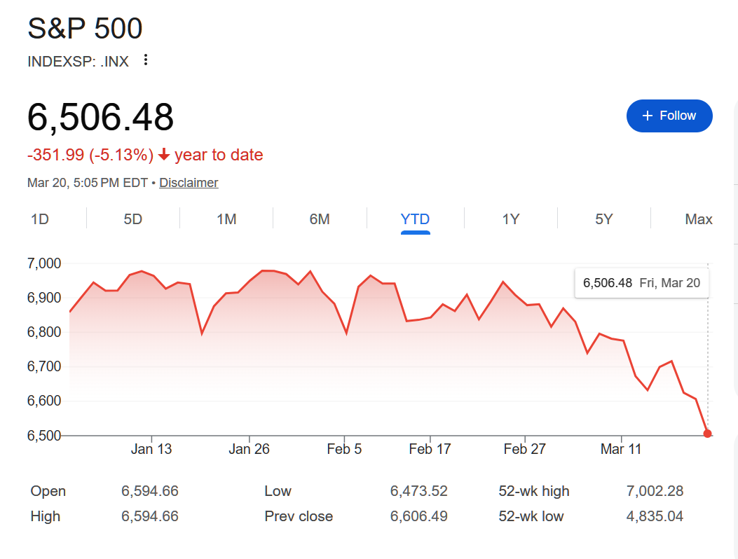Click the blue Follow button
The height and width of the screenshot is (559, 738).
pyautogui.click(x=669, y=116)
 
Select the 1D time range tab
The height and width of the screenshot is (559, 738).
pyautogui.click(x=40, y=219)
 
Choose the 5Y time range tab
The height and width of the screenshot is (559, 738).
pyautogui.click(x=604, y=219)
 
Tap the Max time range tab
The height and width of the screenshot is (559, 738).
pyautogui.click(x=698, y=219)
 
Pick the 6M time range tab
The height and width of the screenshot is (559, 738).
pyautogui.click(x=320, y=219)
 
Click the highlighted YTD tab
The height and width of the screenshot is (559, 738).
pyautogui.click(x=415, y=219)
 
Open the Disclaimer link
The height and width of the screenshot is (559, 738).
pyautogui.click(x=189, y=183)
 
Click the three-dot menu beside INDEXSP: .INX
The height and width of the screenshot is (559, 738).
pyautogui.click(x=146, y=60)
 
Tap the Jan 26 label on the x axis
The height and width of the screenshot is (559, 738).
pyautogui.click(x=249, y=449)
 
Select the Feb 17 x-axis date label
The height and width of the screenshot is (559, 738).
pyautogui.click(x=430, y=449)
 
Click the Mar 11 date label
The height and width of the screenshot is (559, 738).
pyautogui.click(x=621, y=449)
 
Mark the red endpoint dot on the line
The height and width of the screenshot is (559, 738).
pyautogui.click(x=707, y=434)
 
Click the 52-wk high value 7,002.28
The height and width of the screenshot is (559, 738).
pyautogui.click(x=655, y=491)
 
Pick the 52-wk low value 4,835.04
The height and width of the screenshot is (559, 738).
pyautogui.click(x=655, y=517)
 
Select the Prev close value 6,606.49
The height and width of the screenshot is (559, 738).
pyautogui.click(x=418, y=517)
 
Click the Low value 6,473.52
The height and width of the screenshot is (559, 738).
pyautogui.click(x=418, y=491)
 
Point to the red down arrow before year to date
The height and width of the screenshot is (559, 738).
pyautogui.click(x=164, y=155)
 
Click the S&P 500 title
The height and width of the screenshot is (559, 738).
pyautogui.click(x=85, y=29)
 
